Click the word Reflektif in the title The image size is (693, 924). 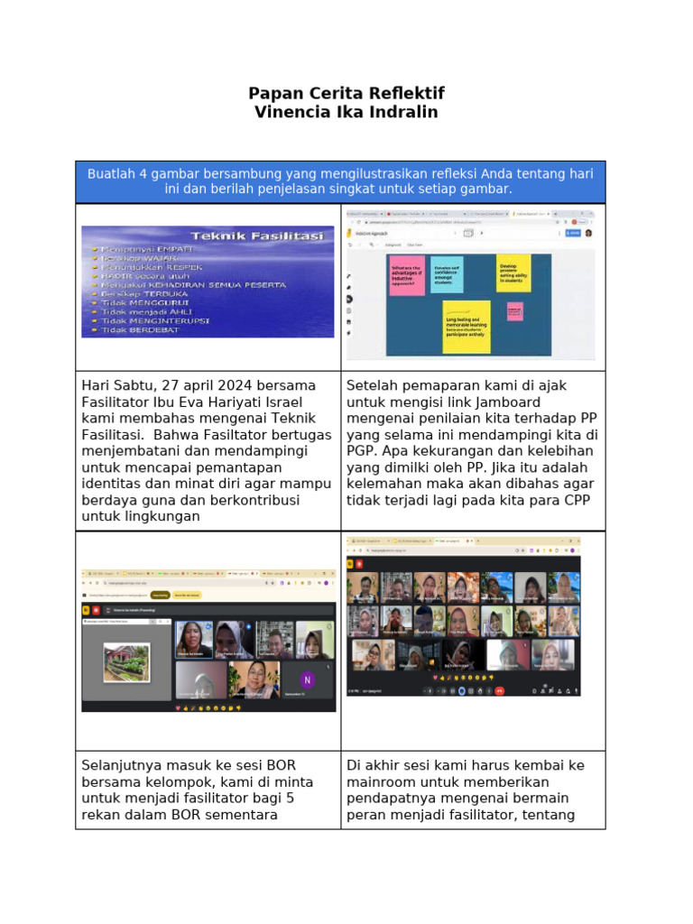[x=402, y=94]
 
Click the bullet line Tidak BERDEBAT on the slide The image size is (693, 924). [x=141, y=330]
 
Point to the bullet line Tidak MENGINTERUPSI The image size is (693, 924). [x=154, y=320]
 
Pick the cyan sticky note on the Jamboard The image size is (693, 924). [x=447, y=274]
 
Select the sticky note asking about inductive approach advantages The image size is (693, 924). [x=407, y=275]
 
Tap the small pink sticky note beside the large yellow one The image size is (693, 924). [x=514, y=311]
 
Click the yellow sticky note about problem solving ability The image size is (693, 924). [x=513, y=273]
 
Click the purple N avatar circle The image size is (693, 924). [x=307, y=679]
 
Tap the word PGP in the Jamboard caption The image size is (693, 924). [x=364, y=450]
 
